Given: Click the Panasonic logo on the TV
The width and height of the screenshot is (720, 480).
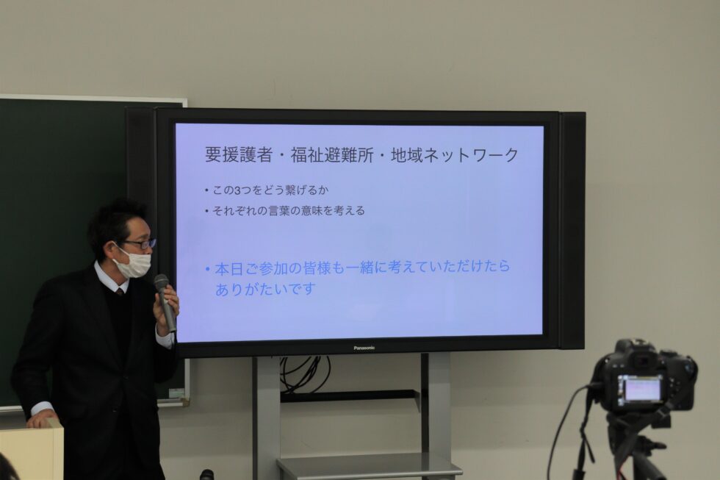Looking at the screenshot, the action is click(364, 348).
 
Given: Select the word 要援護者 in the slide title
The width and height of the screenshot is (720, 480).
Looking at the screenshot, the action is click(238, 155).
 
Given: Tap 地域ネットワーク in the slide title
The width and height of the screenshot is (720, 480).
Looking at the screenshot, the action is click(455, 155).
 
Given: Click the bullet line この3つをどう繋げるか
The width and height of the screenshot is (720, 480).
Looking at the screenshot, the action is click(270, 190).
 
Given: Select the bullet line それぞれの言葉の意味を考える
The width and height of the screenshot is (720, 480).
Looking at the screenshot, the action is click(288, 211).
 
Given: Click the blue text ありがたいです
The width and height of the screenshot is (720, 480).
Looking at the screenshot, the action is click(265, 290).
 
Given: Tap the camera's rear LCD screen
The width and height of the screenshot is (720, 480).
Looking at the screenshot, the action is click(641, 389).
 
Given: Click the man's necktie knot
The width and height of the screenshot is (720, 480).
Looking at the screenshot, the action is click(120, 291).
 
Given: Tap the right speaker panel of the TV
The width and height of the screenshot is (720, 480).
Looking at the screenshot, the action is click(572, 230).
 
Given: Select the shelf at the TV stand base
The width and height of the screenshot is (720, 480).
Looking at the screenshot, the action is click(369, 467).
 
